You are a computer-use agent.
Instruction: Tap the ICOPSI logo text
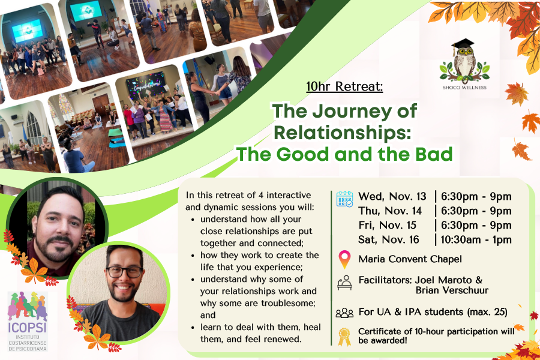[x=28, y=327]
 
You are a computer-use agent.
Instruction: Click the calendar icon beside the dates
[x=345, y=199]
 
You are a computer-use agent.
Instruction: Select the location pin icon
[x=344, y=259]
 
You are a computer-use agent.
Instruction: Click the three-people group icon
[x=344, y=313]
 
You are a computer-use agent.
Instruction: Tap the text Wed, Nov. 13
[x=392, y=196]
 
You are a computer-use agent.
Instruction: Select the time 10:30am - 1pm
[x=476, y=240]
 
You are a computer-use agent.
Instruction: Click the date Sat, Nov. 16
[x=389, y=240]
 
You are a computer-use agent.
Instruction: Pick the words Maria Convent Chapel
[x=410, y=259]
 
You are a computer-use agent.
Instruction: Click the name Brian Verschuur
[x=452, y=290]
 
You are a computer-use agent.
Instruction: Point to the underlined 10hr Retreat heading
[x=344, y=86]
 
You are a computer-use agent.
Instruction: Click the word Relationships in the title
[x=343, y=133]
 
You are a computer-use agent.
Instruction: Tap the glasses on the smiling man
[x=124, y=272]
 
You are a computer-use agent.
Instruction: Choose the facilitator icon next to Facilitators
[x=344, y=283]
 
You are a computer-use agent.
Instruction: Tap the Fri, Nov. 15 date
[x=388, y=226]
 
